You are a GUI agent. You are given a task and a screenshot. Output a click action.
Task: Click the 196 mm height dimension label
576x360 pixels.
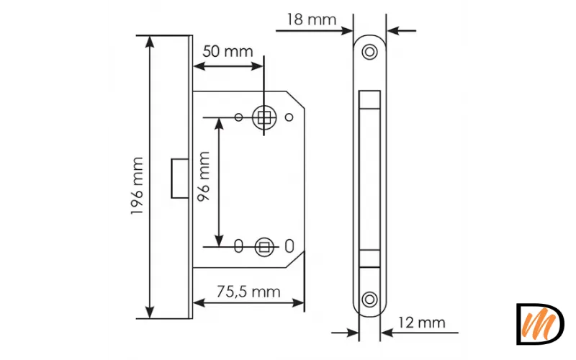point(137,186)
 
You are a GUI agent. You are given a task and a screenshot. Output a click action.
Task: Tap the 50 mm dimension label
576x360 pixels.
point(228,51)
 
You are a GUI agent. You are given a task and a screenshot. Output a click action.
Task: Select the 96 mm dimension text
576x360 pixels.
point(204,176)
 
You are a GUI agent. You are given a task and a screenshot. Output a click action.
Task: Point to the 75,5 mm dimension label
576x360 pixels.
point(248,292)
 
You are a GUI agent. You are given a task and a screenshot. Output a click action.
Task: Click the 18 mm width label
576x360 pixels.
point(311,19)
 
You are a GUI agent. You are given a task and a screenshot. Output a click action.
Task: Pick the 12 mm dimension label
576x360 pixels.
point(422,323)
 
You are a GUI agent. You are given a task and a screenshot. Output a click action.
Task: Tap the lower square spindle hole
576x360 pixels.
point(264,247)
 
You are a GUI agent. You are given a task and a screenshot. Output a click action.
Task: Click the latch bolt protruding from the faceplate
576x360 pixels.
point(180,179)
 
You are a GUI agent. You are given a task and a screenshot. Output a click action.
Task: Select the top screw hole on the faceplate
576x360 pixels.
point(369,52)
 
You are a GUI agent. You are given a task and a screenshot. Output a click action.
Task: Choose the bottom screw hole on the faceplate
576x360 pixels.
point(369,300)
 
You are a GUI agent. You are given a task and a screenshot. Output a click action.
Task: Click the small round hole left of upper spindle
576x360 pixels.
point(239,117)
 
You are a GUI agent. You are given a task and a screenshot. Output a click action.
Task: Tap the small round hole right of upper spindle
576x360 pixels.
point(289,117)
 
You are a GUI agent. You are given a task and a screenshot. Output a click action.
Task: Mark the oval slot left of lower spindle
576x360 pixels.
point(239,246)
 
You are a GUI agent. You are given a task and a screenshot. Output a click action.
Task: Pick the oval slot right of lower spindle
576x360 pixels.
point(289,246)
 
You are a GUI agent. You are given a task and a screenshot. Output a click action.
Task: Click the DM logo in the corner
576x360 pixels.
point(540,324)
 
